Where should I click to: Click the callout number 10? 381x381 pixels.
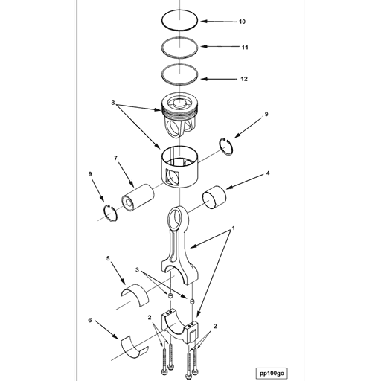coord(242,22)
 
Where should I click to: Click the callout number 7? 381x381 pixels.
coord(116,159)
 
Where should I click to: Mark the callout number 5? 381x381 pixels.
coord(109,259)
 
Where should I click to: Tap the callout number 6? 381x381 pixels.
coord(91,321)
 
